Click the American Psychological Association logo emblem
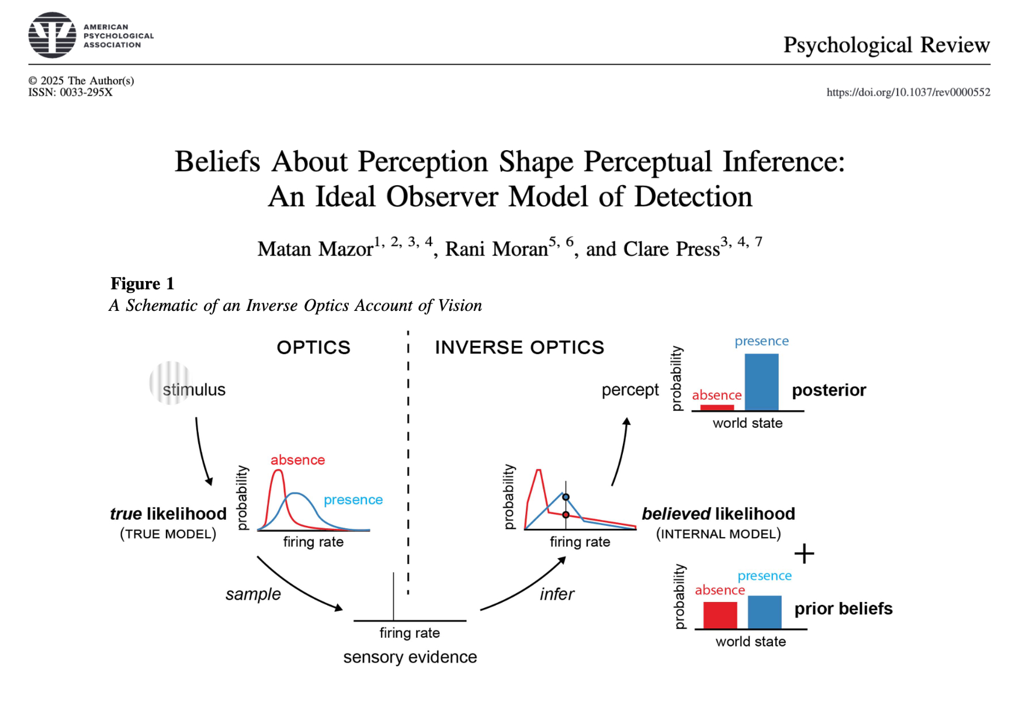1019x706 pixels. [52, 35]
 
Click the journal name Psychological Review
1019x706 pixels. [886, 45]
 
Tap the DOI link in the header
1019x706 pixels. [908, 92]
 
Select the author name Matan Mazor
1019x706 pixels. [315, 250]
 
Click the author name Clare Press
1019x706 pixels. [671, 250]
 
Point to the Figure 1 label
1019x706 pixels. [143, 284]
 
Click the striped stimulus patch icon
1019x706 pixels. [169, 383]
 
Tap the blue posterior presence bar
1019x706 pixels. [761, 382]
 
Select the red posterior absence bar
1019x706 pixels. [717, 407]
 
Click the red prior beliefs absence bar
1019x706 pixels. [720, 615]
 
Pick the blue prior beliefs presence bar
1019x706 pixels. [764, 612]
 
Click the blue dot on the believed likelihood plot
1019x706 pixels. [566, 497]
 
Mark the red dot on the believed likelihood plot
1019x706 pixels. [566, 515]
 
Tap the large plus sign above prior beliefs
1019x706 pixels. [804, 553]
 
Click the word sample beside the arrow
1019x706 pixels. [253, 594]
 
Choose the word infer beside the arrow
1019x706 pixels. [557, 594]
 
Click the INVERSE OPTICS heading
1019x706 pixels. [519, 348]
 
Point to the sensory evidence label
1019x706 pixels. [410, 657]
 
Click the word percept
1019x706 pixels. [630, 390]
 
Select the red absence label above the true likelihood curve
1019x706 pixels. [297, 460]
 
